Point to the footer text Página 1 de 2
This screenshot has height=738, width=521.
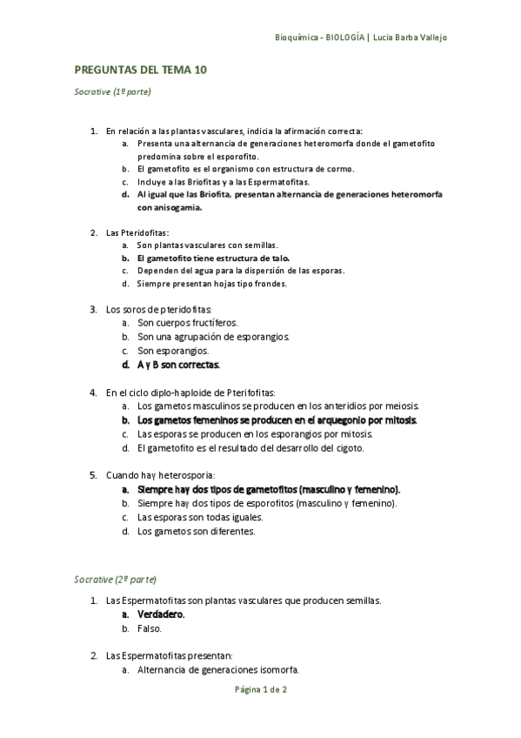tap(261, 689)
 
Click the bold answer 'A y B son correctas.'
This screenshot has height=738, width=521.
tap(178, 365)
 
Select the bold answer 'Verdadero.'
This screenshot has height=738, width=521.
tap(161, 614)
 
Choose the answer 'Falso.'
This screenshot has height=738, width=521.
tap(150, 627)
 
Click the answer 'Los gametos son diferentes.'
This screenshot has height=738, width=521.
tap(196, 531)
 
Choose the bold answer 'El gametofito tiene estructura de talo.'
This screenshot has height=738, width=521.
tap(213, 258)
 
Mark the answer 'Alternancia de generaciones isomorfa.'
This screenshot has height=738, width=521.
tap(217, 670)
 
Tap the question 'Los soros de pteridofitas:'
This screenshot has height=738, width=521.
tap(158, 308)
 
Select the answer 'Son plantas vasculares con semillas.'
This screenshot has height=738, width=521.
tap(207, 246)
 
